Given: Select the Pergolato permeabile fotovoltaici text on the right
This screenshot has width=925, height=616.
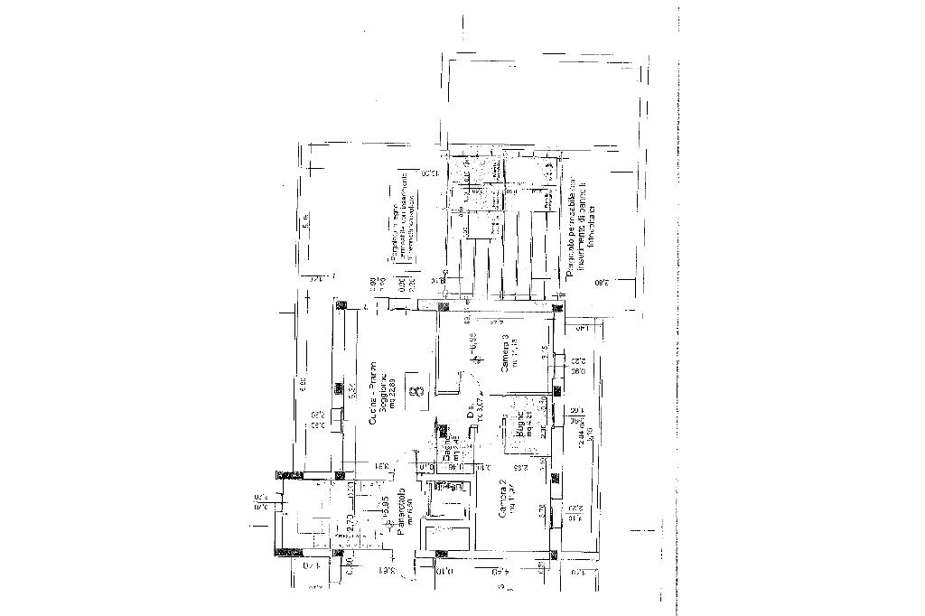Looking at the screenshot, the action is [577, 226].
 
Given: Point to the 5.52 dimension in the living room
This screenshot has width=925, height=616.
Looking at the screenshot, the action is [350, 390].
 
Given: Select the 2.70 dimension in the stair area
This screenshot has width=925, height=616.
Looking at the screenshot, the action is [350, 523].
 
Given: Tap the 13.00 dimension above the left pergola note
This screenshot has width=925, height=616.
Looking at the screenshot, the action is [430, 173].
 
